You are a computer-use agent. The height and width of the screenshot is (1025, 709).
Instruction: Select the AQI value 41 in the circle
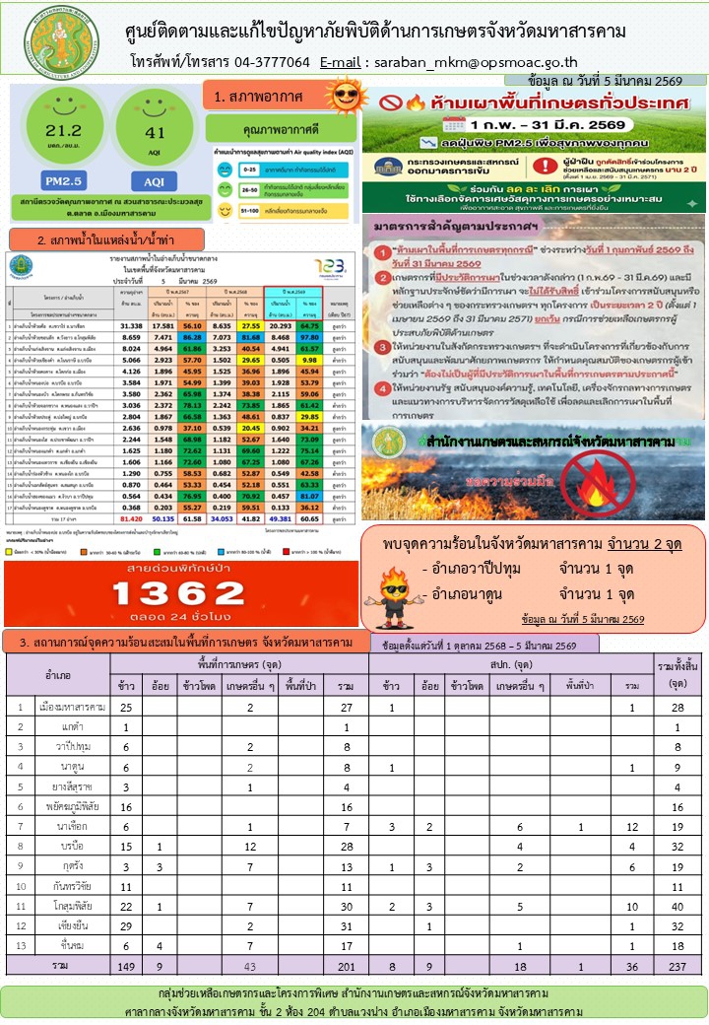tap(154, 132)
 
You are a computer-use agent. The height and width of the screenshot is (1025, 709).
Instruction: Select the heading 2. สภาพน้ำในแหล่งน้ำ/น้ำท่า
tap(107, 239)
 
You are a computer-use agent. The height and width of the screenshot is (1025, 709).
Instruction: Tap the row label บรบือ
tap(72, 846)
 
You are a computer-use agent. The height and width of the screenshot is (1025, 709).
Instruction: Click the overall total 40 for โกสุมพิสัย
tap(677, 905)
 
